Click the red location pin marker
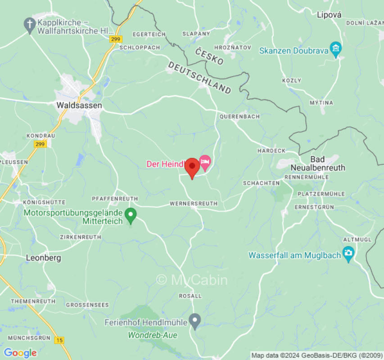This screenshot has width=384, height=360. tap(192, 168)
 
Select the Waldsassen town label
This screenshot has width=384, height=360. tap(79, 105)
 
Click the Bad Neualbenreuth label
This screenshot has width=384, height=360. tap(321, 163)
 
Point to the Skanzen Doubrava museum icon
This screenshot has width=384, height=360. tap(335, 49)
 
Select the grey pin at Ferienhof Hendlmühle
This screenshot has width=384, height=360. tap(194, 320)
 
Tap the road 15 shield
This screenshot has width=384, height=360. tap(59, 340)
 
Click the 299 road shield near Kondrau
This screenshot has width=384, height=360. tap(40, 144)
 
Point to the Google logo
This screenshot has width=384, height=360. tap(20, 353)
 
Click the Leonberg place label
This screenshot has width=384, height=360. tap(43, 258)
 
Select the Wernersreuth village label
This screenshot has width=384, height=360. tap(194, 204)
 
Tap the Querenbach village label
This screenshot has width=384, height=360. tap(239, 117)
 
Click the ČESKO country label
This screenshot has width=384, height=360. tap(209, 57)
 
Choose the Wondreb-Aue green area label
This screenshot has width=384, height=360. tap(153, 335)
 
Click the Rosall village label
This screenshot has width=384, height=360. tap(190, 296)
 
